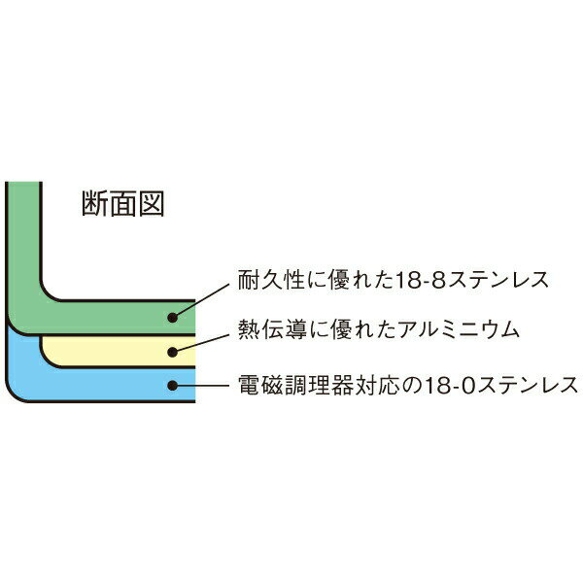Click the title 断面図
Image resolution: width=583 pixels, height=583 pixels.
122,203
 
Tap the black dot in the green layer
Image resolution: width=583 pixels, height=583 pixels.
172,318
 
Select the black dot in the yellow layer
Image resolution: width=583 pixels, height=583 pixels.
172,352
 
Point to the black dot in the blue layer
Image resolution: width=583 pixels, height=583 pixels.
172,385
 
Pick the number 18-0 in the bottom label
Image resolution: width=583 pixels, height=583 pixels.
450,386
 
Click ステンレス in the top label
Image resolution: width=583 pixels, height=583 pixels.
498,280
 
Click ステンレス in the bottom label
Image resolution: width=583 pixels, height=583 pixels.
528,386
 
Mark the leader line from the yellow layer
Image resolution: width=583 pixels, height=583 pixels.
200,343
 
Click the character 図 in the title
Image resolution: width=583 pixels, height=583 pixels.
152,203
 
